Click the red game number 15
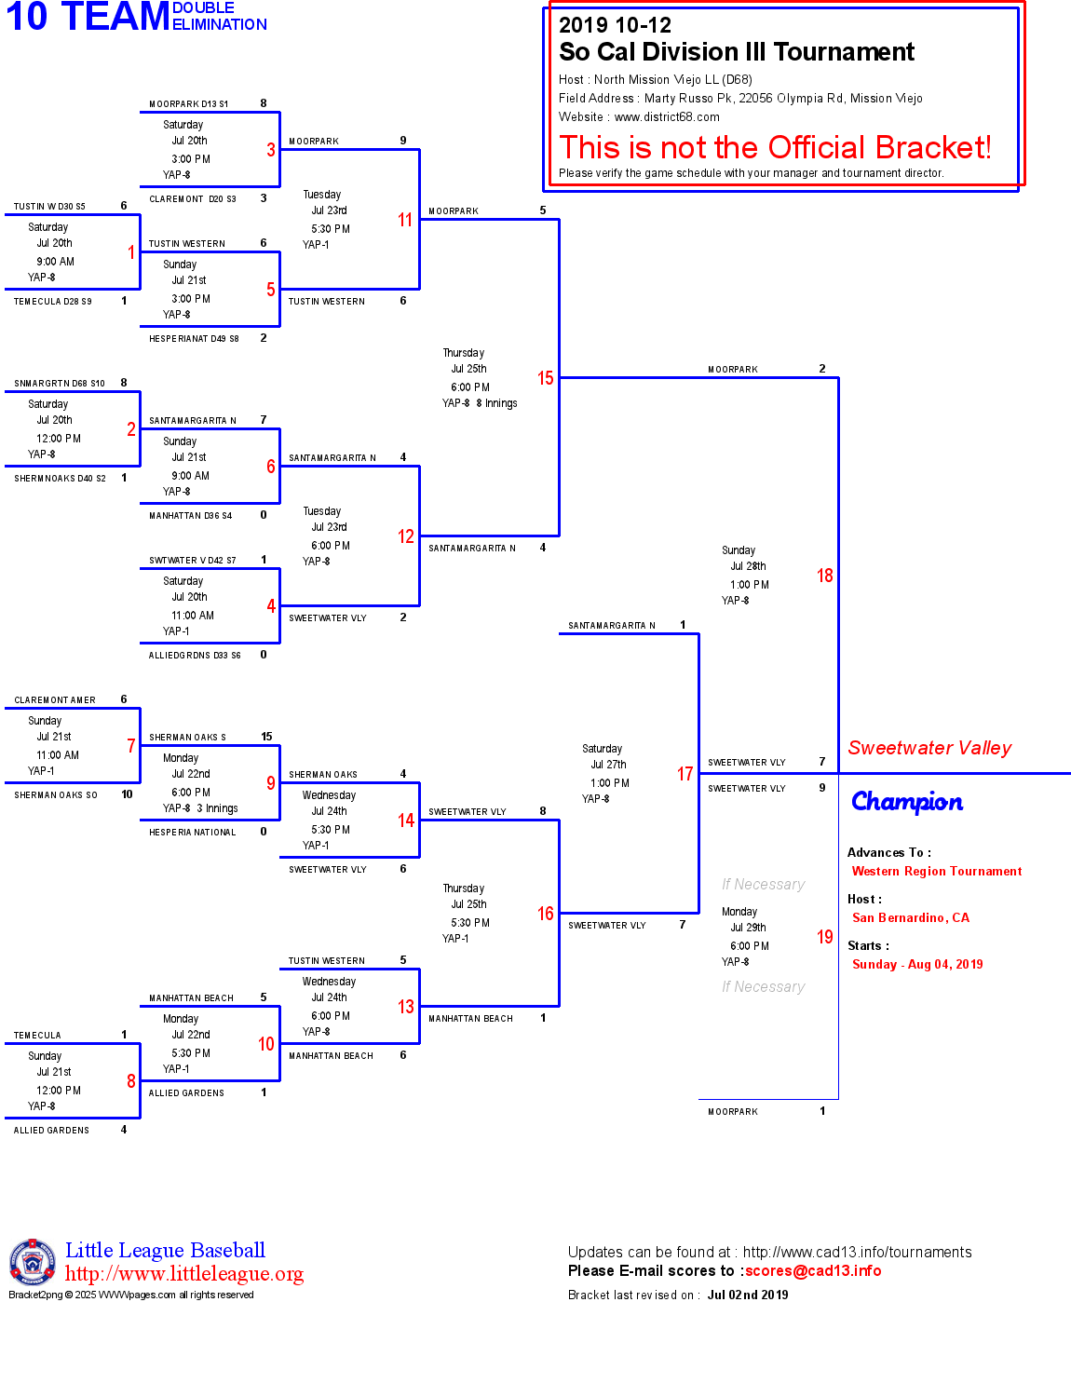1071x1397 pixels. (x=545, y=378)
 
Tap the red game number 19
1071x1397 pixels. (x=824, y=937)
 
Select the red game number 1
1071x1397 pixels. (x=131, y=252)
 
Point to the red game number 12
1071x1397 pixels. (x=405, y=536)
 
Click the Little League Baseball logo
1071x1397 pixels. (x=33, y=1262)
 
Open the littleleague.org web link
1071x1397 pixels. (x=184, y=1274)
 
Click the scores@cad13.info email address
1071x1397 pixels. (x=812, y=1271)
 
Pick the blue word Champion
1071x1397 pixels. (x=907, y=802)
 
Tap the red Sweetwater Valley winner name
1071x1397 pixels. (x=929, y=748)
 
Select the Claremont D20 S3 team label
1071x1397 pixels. (x=193, y=199)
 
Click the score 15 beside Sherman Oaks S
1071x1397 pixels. (x=266, y=737)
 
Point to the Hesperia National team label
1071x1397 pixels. (x=193, y=833)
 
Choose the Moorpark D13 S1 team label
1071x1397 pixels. (x=188, y=104)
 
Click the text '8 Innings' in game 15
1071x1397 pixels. (x=496, y=403)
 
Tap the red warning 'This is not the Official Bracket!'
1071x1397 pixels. (x=775, y=147)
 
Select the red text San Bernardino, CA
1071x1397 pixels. (x=910, y=918)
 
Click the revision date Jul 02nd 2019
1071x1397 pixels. (x=748, y=1295)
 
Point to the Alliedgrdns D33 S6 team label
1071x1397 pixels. (x=195, y=656)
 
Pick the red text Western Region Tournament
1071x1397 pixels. (x=936, y=872)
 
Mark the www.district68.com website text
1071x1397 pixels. (x=667, y=117)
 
